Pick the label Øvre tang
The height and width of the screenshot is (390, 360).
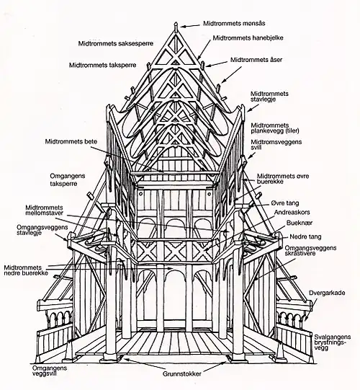[288, 203]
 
